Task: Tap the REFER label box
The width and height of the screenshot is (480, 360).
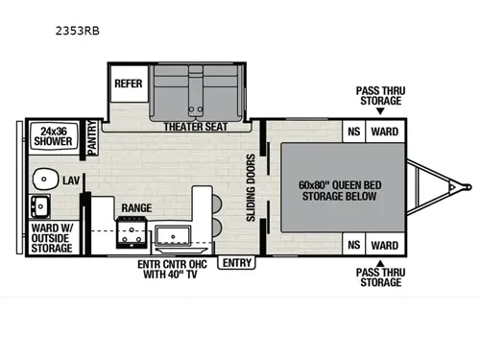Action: pyautogui.click(x=128, y=83)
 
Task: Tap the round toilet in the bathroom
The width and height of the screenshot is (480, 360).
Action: pyautogui.click(x=44, y=178)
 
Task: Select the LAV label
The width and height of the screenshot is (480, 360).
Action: pyautogui.click(x=70, y=180)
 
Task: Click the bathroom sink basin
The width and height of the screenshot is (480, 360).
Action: pyautogui.click(x=41, y=205)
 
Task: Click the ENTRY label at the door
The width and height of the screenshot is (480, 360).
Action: pyautogui.click(x=235, y=262)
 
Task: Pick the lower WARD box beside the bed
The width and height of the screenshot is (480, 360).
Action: pyautogui.click(x=385, y=245)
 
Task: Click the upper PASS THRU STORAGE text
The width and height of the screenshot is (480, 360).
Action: pyautogui.click(x=380, y=94)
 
